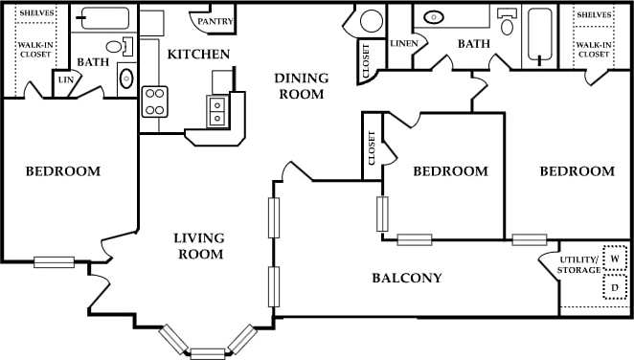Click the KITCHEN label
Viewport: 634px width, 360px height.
point(198,55)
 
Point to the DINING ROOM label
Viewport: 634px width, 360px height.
point(300,86)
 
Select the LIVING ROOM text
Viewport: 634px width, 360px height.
point(199,246)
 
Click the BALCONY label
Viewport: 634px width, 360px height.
point(407,279)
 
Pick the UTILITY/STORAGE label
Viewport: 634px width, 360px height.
point(578,265)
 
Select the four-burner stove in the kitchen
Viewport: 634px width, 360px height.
point(155,101)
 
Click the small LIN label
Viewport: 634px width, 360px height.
point(65,81)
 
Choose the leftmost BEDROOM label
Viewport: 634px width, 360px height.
point(62,171)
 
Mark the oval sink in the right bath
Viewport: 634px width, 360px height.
point(434,17)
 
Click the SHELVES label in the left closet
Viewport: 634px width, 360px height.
point(36,14)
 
